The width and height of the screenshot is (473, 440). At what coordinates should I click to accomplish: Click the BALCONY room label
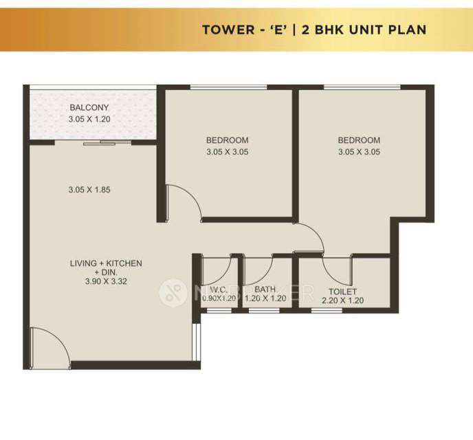click(x=89, y=108)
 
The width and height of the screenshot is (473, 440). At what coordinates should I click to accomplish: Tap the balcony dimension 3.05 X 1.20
click(x=89, y=119)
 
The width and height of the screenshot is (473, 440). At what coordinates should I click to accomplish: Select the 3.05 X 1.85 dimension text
click(x=89, y=189)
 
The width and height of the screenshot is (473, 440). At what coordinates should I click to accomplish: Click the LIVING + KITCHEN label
click(x=106, y=263)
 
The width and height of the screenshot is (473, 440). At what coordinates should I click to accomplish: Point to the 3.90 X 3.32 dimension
click(x=106, y=280)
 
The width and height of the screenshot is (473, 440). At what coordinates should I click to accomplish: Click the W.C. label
click(x=219, y=290)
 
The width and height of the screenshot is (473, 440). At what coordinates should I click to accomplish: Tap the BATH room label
click(x=265, y=290)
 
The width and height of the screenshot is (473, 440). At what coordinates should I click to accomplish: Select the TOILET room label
click(x=342, y=291)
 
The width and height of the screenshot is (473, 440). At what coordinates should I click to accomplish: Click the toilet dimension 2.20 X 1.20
click(x=342, y=300)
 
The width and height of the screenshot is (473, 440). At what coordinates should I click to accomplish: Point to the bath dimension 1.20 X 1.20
click(x=265, y=300)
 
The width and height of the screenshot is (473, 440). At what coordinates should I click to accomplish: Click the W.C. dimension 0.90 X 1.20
click(x=219, y=300)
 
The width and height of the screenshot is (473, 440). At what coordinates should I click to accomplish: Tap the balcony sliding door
click(x=100, y=143)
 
